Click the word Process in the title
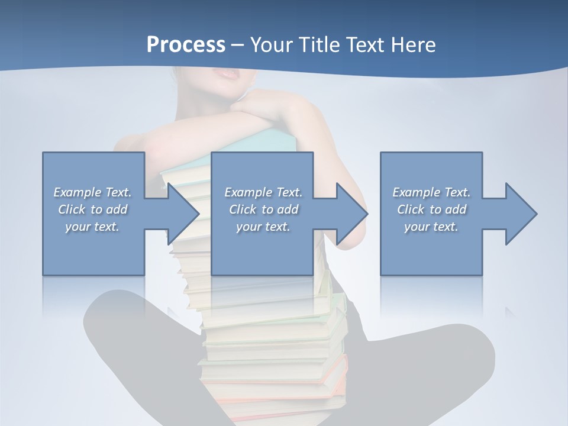pos(186,45)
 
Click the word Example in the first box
pos(78,192)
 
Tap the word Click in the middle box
pos(242,209)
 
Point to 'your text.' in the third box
pos(431,227)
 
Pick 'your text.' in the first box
pos(92,227)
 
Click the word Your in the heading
pos(273,45)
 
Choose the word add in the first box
pos(116,209)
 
